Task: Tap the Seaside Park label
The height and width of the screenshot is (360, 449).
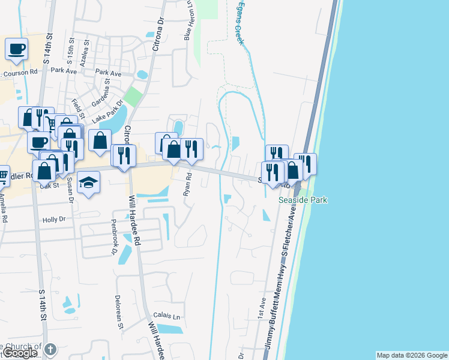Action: (x=303, y=200)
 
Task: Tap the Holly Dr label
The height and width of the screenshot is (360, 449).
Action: (x=53, y=220)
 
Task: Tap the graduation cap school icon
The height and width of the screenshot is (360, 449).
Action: (x=89, y=182)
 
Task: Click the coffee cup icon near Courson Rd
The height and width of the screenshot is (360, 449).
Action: (x=16, y=49)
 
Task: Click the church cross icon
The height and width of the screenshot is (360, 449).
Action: (x=50, y=349)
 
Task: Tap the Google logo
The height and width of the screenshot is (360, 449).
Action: (x=20, y=353)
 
